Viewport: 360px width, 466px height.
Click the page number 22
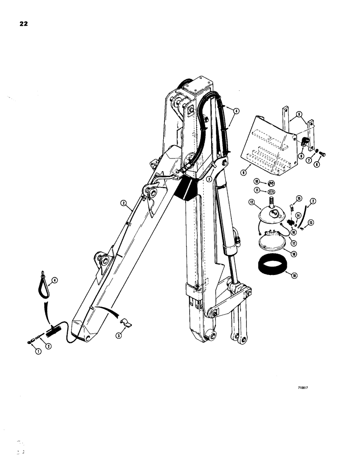click(x=22, y=25)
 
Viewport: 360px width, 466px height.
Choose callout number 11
click(x=256, y=191)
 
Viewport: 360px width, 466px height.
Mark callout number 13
click(x=310, y=222)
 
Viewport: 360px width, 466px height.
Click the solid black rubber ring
click(x=272, y=269)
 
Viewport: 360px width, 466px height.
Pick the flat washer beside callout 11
click(x=270, y=191)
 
